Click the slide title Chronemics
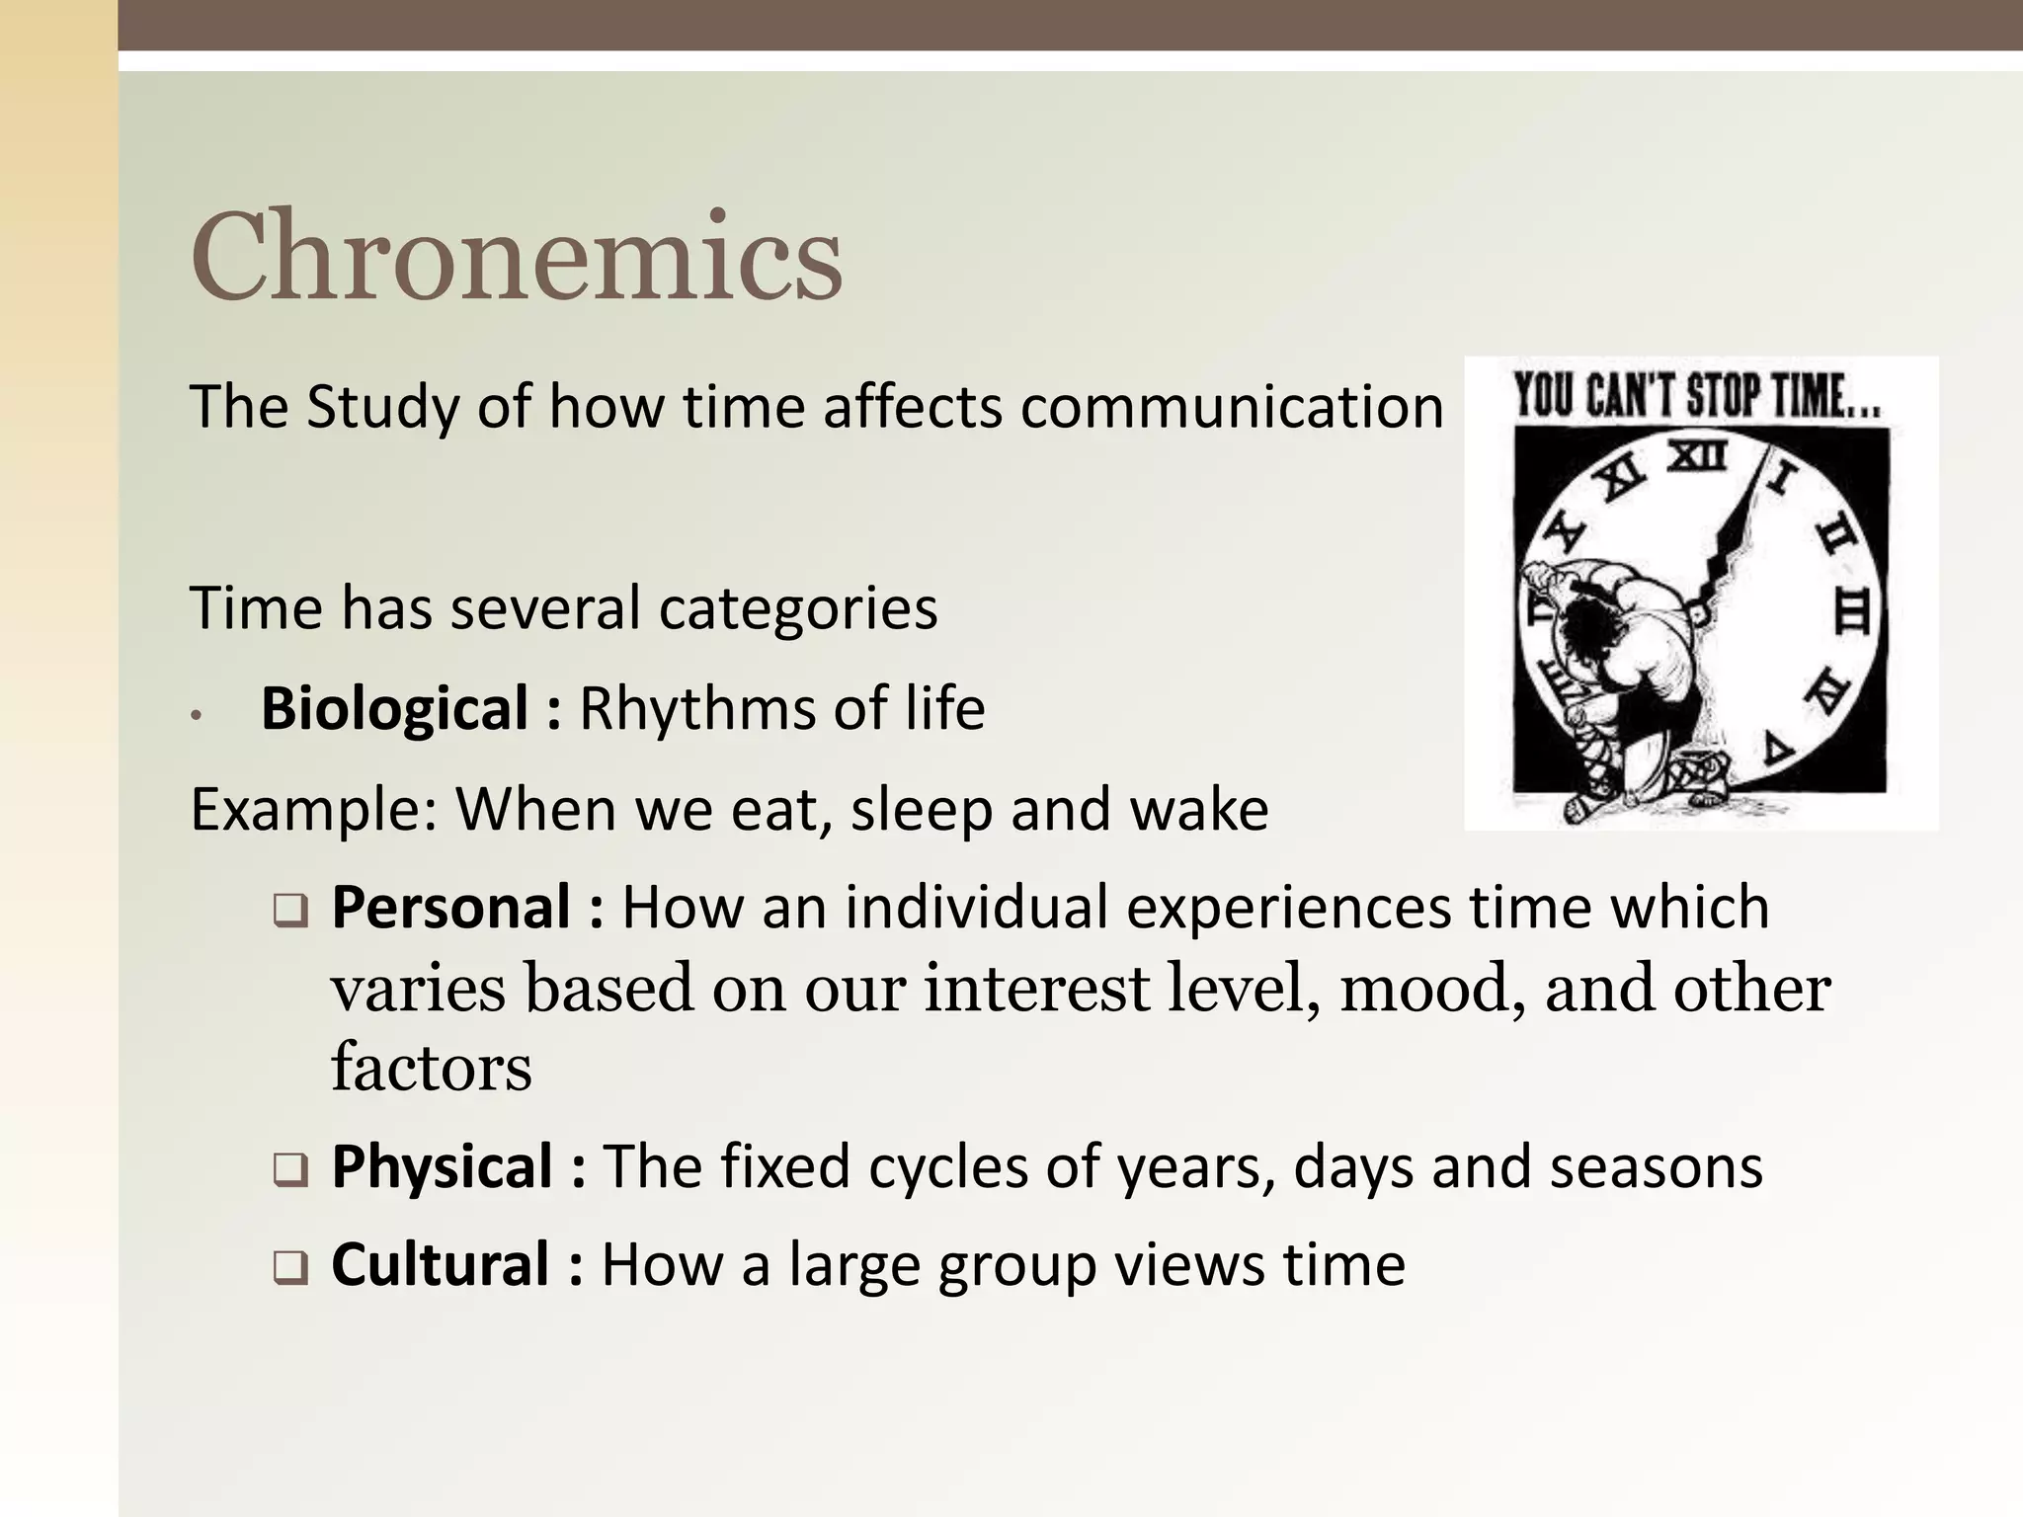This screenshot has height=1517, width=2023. (516, 256)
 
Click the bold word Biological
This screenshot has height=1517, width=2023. (394, 708)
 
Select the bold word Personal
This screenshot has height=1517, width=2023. (451, 907)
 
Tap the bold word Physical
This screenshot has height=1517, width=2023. (442, 1166)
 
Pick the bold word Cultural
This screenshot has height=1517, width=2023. (440, 1264)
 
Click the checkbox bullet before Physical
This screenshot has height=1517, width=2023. (290, 1171)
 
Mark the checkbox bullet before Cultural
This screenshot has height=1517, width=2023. (290, 1269)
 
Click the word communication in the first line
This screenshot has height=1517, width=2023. (1231, 407)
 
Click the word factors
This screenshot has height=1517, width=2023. (431, 1068)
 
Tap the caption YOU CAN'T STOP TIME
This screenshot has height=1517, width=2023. (1697, 396)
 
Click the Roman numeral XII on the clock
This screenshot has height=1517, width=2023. (1697, 457)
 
